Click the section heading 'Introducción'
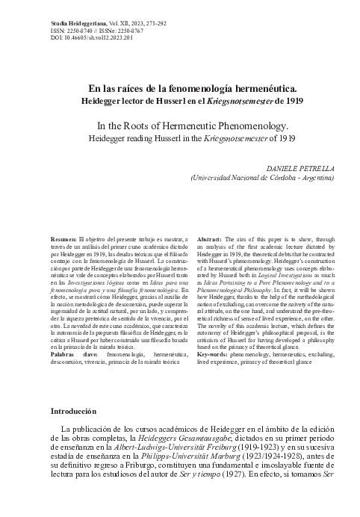pos(73,411)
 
